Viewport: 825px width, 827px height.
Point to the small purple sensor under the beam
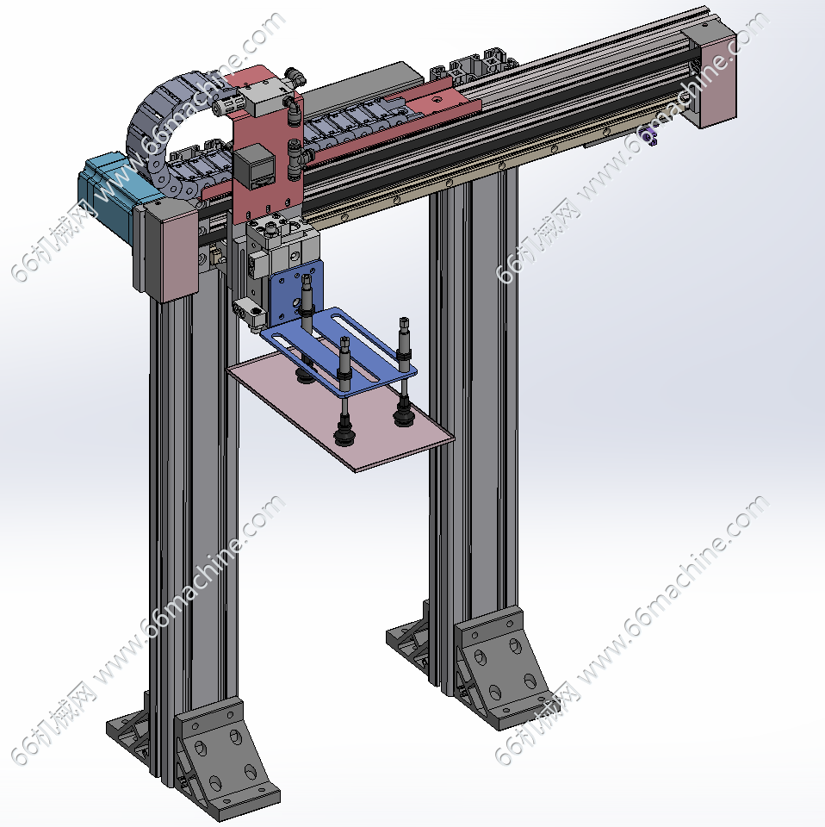click(x=649, y=137)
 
